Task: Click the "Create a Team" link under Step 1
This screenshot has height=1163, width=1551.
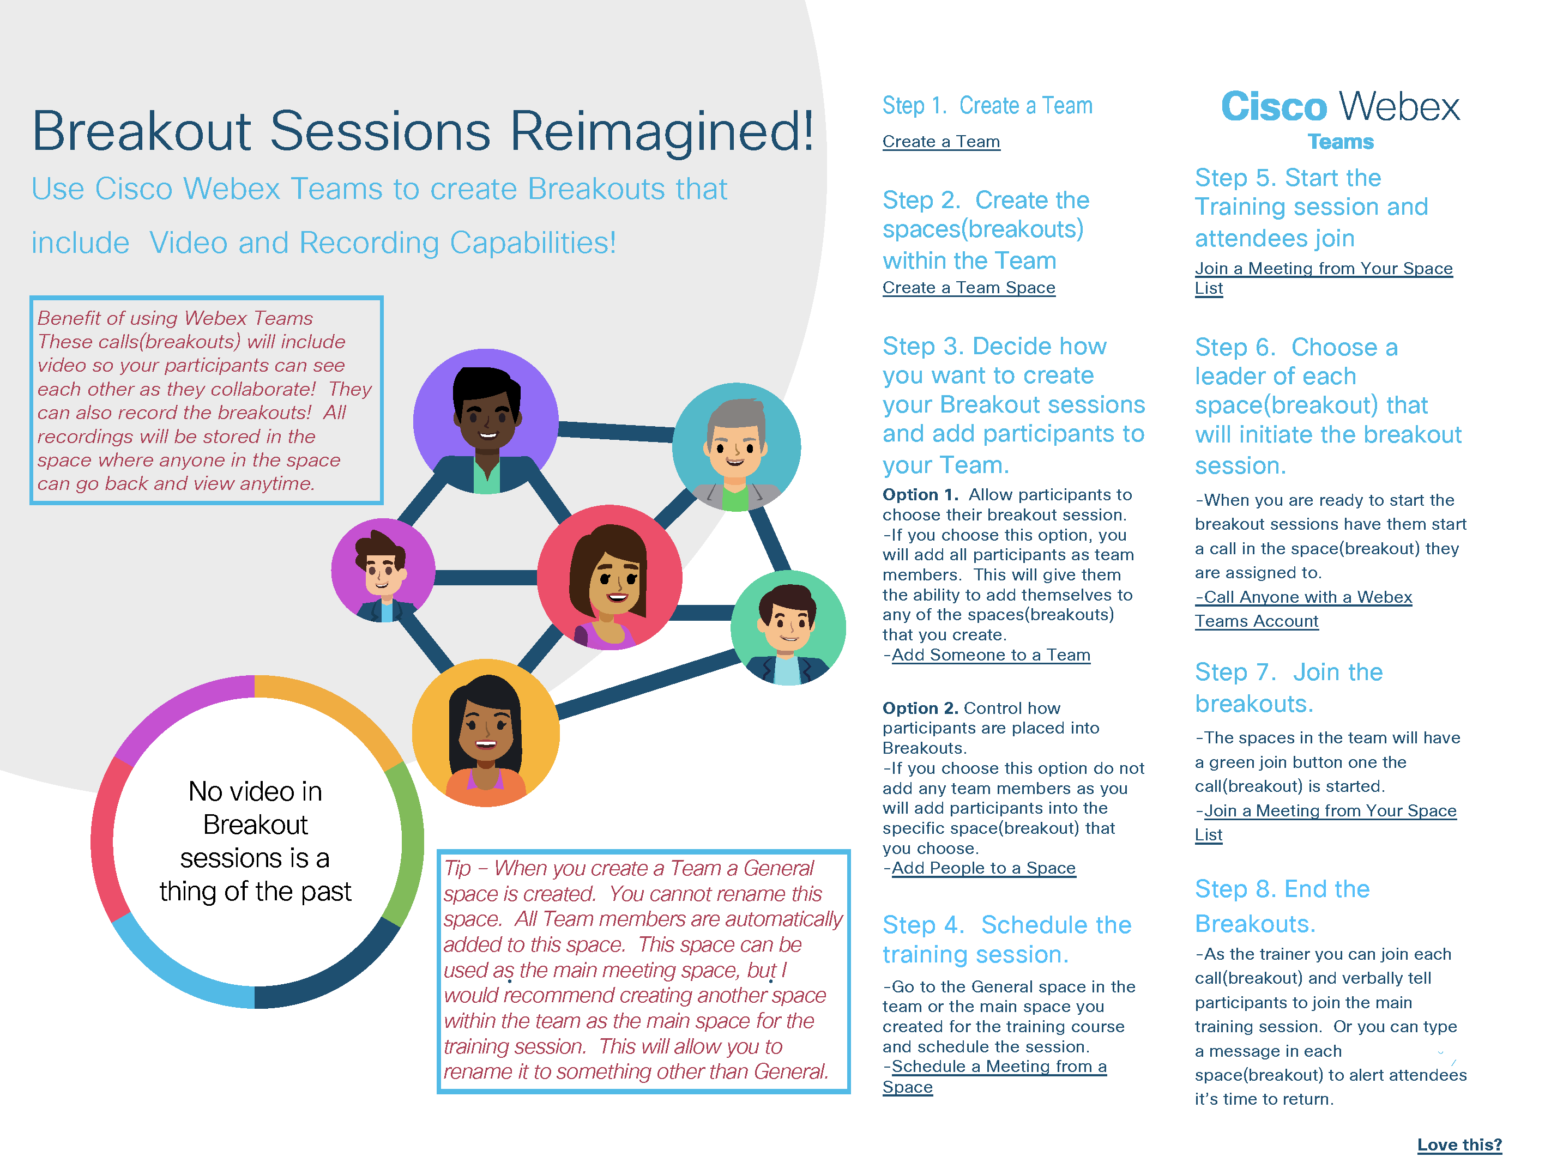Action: point(941,142)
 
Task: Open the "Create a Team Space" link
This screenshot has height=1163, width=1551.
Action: point(968,287)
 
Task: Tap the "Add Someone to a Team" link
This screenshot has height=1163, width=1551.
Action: point(991,655)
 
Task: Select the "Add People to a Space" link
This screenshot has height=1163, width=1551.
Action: point(983,868)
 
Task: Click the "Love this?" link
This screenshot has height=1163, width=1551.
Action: point(1459,1145)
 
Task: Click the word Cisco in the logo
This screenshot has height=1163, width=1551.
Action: point(1274,107)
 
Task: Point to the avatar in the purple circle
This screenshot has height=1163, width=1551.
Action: point(486,421)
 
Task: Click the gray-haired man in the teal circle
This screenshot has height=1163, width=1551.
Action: point(736,447)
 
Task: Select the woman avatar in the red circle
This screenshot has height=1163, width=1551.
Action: point(609,577)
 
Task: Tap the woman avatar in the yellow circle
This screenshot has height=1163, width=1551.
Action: point(486,732)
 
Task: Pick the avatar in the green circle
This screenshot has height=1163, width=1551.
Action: point(788,627)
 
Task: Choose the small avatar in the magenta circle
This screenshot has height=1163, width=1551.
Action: point(383,571)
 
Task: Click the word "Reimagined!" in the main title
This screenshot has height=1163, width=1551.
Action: point(662,131)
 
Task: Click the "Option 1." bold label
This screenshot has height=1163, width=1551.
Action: point(920,495)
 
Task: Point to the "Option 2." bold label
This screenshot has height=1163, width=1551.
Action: point(920,708)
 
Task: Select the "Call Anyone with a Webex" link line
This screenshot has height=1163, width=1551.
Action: point(1303,597)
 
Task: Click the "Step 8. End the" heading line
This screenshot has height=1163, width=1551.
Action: point(1282,889)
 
